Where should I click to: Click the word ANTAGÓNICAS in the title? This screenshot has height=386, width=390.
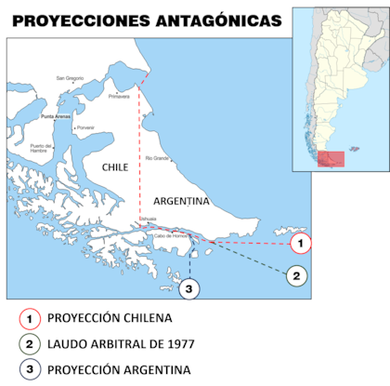(208, 20)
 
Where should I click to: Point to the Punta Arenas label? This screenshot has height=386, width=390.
(56, 117)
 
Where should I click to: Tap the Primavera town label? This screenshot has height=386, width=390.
(120, 96)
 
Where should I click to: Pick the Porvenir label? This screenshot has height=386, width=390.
(85, 127)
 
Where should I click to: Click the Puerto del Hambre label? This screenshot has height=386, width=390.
(40, 147)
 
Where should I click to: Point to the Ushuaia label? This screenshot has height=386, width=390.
(149, 220)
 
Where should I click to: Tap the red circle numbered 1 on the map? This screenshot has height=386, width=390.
(299, 244)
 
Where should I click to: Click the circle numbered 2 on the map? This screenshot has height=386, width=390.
(295, 275)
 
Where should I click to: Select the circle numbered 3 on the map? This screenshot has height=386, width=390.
(189, 289)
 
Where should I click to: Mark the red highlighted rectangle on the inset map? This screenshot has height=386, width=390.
(330, 159)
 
